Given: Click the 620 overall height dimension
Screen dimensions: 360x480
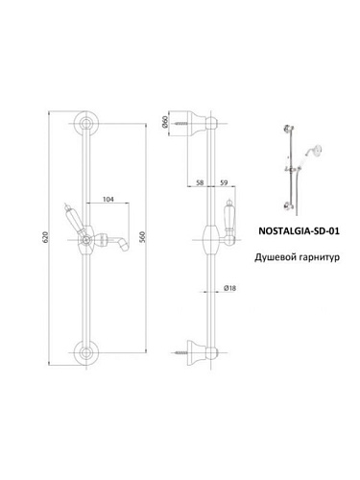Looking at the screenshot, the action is point(45,237).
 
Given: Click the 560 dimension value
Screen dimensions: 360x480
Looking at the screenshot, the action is point(143,237).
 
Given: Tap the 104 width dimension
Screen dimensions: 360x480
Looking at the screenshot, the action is point(108,200).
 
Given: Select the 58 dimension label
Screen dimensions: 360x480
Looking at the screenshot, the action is point(200,182).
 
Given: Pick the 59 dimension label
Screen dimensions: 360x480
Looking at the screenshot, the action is point(224,182).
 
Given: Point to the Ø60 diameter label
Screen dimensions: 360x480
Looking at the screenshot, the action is point(165,122).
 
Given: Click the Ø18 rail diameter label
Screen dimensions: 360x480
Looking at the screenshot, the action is point(229,288).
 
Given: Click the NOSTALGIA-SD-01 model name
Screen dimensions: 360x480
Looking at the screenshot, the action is point(299,230).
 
